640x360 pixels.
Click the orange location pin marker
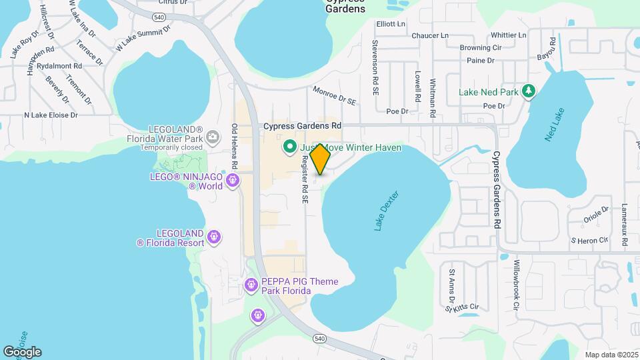point(320,159)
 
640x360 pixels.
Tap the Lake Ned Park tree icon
point(529,91)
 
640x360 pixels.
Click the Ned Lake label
point(553,124)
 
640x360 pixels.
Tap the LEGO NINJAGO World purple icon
point(233,180)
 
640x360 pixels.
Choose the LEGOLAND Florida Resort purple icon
point(214,237)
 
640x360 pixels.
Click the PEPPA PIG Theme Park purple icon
point(251,285)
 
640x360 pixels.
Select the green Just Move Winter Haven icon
point(290,147)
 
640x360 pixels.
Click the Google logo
point(22,351)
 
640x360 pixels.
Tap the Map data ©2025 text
point(611,355)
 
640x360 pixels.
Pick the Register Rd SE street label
point(304,178)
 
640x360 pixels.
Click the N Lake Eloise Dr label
point(51,115)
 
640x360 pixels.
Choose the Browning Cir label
point(480,48)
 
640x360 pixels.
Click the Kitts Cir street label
point(465,307)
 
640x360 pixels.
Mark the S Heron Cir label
point(589,239)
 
